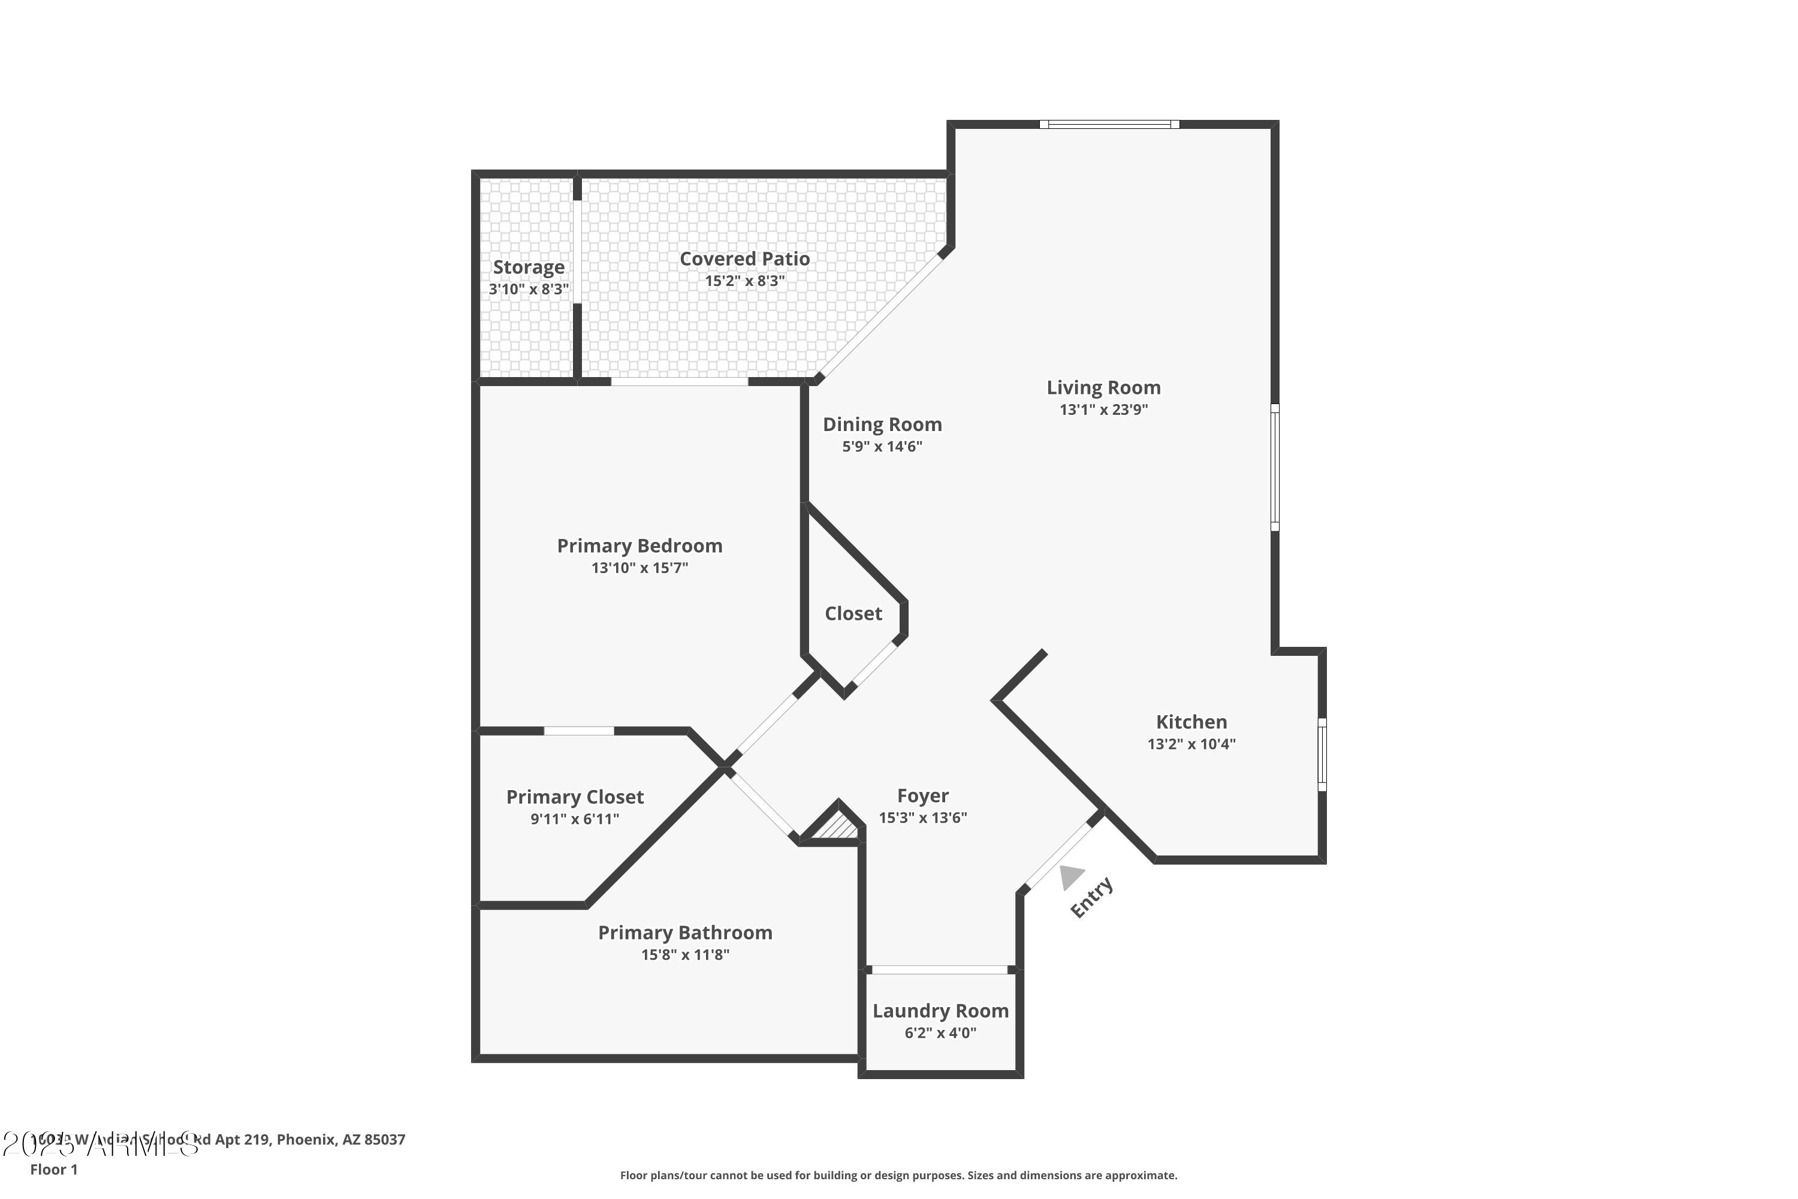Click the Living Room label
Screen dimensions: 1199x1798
pyautogui.click(x=1103, y=388)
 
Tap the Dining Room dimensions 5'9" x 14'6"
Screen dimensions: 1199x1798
pyautogui.click(x=882, y=447)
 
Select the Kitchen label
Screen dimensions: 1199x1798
pyautogui.click(x=1191, y=722)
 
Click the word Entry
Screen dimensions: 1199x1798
pyautogui.click(x=1091, y=897)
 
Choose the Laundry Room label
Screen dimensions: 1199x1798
pyautogui.click(x=940, y=1011)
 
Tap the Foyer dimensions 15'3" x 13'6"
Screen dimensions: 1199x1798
pyautogui.click(x=923, y=818)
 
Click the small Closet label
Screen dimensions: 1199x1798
pyautogui.click(x=853, y=613)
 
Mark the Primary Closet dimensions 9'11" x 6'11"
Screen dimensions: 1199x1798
pyautogui.click(x=575, y=819)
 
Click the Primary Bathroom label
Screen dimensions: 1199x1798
pyautogui.click(x=685, y=933)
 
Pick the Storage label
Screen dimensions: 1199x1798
pyautogui.click(x=528, y=267)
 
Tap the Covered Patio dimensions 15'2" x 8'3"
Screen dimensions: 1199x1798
pyautogui.click(x=744, y=281)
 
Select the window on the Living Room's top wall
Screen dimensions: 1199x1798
pyautogui.click(x=1109, y=125)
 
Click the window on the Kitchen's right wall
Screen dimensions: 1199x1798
pyautogui.click(x=1322, y=755)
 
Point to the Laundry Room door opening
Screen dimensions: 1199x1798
pyautogui.click(x=940, y=969)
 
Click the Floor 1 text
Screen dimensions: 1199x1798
pyautogui.click(x=53, y=1169)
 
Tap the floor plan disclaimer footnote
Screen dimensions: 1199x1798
pyautogui.click(x=898, y=1175)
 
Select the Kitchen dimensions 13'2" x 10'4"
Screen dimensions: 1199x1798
pyautogui.click(x=1191, y=744)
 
